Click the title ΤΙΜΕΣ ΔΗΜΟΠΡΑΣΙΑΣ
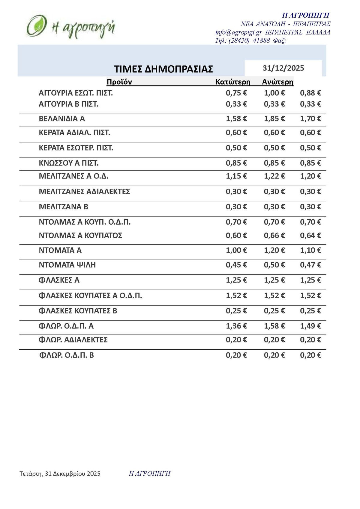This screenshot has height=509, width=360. tap(163, 69)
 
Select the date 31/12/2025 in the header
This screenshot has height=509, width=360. tap(283, 68)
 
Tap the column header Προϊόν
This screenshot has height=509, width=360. tap(119, 82)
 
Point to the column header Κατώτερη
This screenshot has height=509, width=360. tap(233, 82)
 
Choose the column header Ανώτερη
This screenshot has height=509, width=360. tap(277, 82)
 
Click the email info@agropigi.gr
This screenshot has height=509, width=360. tap(238, 32)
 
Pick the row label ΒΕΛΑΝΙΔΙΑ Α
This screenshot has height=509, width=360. tap(62, 119)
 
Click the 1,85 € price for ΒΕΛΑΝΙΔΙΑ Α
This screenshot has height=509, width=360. tap(274, 119)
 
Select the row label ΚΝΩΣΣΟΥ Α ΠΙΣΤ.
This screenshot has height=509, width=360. tap(69, 163)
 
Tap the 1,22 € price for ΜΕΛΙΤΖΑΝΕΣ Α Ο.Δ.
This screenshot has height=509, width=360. tap(274, 176)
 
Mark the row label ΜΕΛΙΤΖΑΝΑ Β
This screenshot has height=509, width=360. tap(63, 207)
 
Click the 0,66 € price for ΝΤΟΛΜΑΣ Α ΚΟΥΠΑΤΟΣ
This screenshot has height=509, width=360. tap(274, 236)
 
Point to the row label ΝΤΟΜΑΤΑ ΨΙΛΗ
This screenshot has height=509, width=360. tap(67, 265)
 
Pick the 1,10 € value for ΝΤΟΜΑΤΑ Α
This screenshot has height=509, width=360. tap(310, 250)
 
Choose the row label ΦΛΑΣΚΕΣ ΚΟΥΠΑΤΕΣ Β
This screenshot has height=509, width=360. tap(78, 311)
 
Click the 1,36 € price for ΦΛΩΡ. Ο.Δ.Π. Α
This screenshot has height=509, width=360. tap(236, 326)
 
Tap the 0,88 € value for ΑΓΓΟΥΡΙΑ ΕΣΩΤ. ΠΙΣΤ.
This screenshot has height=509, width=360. tap(310, 93)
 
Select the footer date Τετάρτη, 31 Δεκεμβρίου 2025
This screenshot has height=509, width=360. tap(60, 474)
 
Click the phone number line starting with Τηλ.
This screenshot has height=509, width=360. tap(250, 40)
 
